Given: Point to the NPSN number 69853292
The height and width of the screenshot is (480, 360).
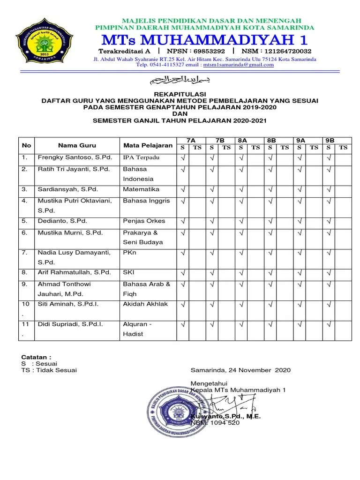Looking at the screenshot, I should [x=207, y=51].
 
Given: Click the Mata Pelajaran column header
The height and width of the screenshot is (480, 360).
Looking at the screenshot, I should [x=148, y=145].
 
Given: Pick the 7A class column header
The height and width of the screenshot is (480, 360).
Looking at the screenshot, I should [x=191, y=141].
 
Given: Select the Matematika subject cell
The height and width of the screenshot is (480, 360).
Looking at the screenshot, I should [x=141, y=189].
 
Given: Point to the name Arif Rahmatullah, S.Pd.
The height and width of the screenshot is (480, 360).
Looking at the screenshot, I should [x=74, y=272].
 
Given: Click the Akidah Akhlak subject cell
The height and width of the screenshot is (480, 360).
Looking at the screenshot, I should [x=145, y=304].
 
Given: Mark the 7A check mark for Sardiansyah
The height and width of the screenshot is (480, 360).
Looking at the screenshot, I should [x=183, y=190].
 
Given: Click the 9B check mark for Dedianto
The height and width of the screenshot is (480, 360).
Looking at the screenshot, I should [x=329, y=221].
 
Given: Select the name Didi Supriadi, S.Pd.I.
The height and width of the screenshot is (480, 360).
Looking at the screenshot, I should [x=70, y=324].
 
